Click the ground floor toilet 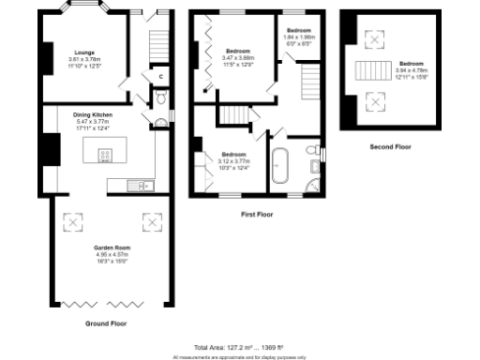click(x=160, y=97)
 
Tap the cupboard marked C click(x=160, y=76)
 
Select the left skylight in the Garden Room click(x=71, y=222)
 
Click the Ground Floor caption click(x=106, y=322)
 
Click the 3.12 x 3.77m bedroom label click(x=234, y=159)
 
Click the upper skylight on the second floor click(x=375, y=39)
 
